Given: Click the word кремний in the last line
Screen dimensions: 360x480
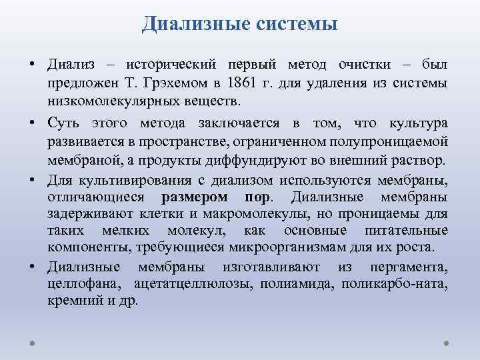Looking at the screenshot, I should click(69, 301).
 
